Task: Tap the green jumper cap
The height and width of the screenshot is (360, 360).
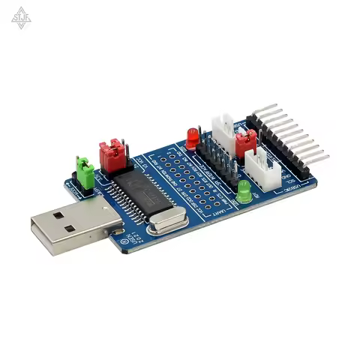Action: click(85, 172)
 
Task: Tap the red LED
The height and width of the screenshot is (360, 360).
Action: click(192, 137)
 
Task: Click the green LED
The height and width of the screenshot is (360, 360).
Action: click(244, 193)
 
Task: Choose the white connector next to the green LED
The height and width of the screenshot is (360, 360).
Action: click(262, 169)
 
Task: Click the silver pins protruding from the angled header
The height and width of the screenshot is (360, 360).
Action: click(300, 135)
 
